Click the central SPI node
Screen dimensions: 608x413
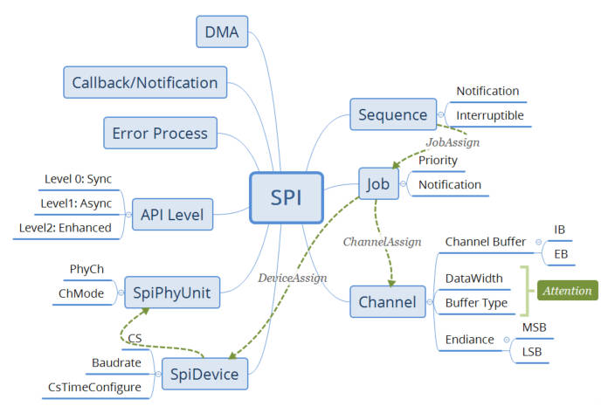pos(287,197)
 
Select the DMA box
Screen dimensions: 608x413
pos(222,31)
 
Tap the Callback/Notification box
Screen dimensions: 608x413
pos(145,83)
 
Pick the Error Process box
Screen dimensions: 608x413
pos(160,133)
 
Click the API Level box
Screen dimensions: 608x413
pos(172,214)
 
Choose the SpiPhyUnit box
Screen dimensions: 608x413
pos(172,293)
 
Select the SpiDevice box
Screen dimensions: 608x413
pos(204,374)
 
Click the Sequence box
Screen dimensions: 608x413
pos(393,114)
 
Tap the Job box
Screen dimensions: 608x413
pos(378,183)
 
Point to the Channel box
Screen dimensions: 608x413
pos(387,302)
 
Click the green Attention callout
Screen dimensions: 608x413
pos(567,291)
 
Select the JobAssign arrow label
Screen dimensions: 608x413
pos(453,142)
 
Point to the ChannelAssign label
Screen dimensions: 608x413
pos(382,242)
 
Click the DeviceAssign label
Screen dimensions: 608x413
pos(293,278)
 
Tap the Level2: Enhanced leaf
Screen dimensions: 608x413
pos(66,228)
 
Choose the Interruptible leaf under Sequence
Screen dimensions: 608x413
pos(490,115)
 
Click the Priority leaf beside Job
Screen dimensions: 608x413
pos(438,160)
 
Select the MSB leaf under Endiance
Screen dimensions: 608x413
pos(534,327)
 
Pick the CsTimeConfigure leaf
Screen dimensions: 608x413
pos(94,387)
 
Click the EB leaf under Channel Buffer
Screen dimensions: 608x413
pos(561,254)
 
